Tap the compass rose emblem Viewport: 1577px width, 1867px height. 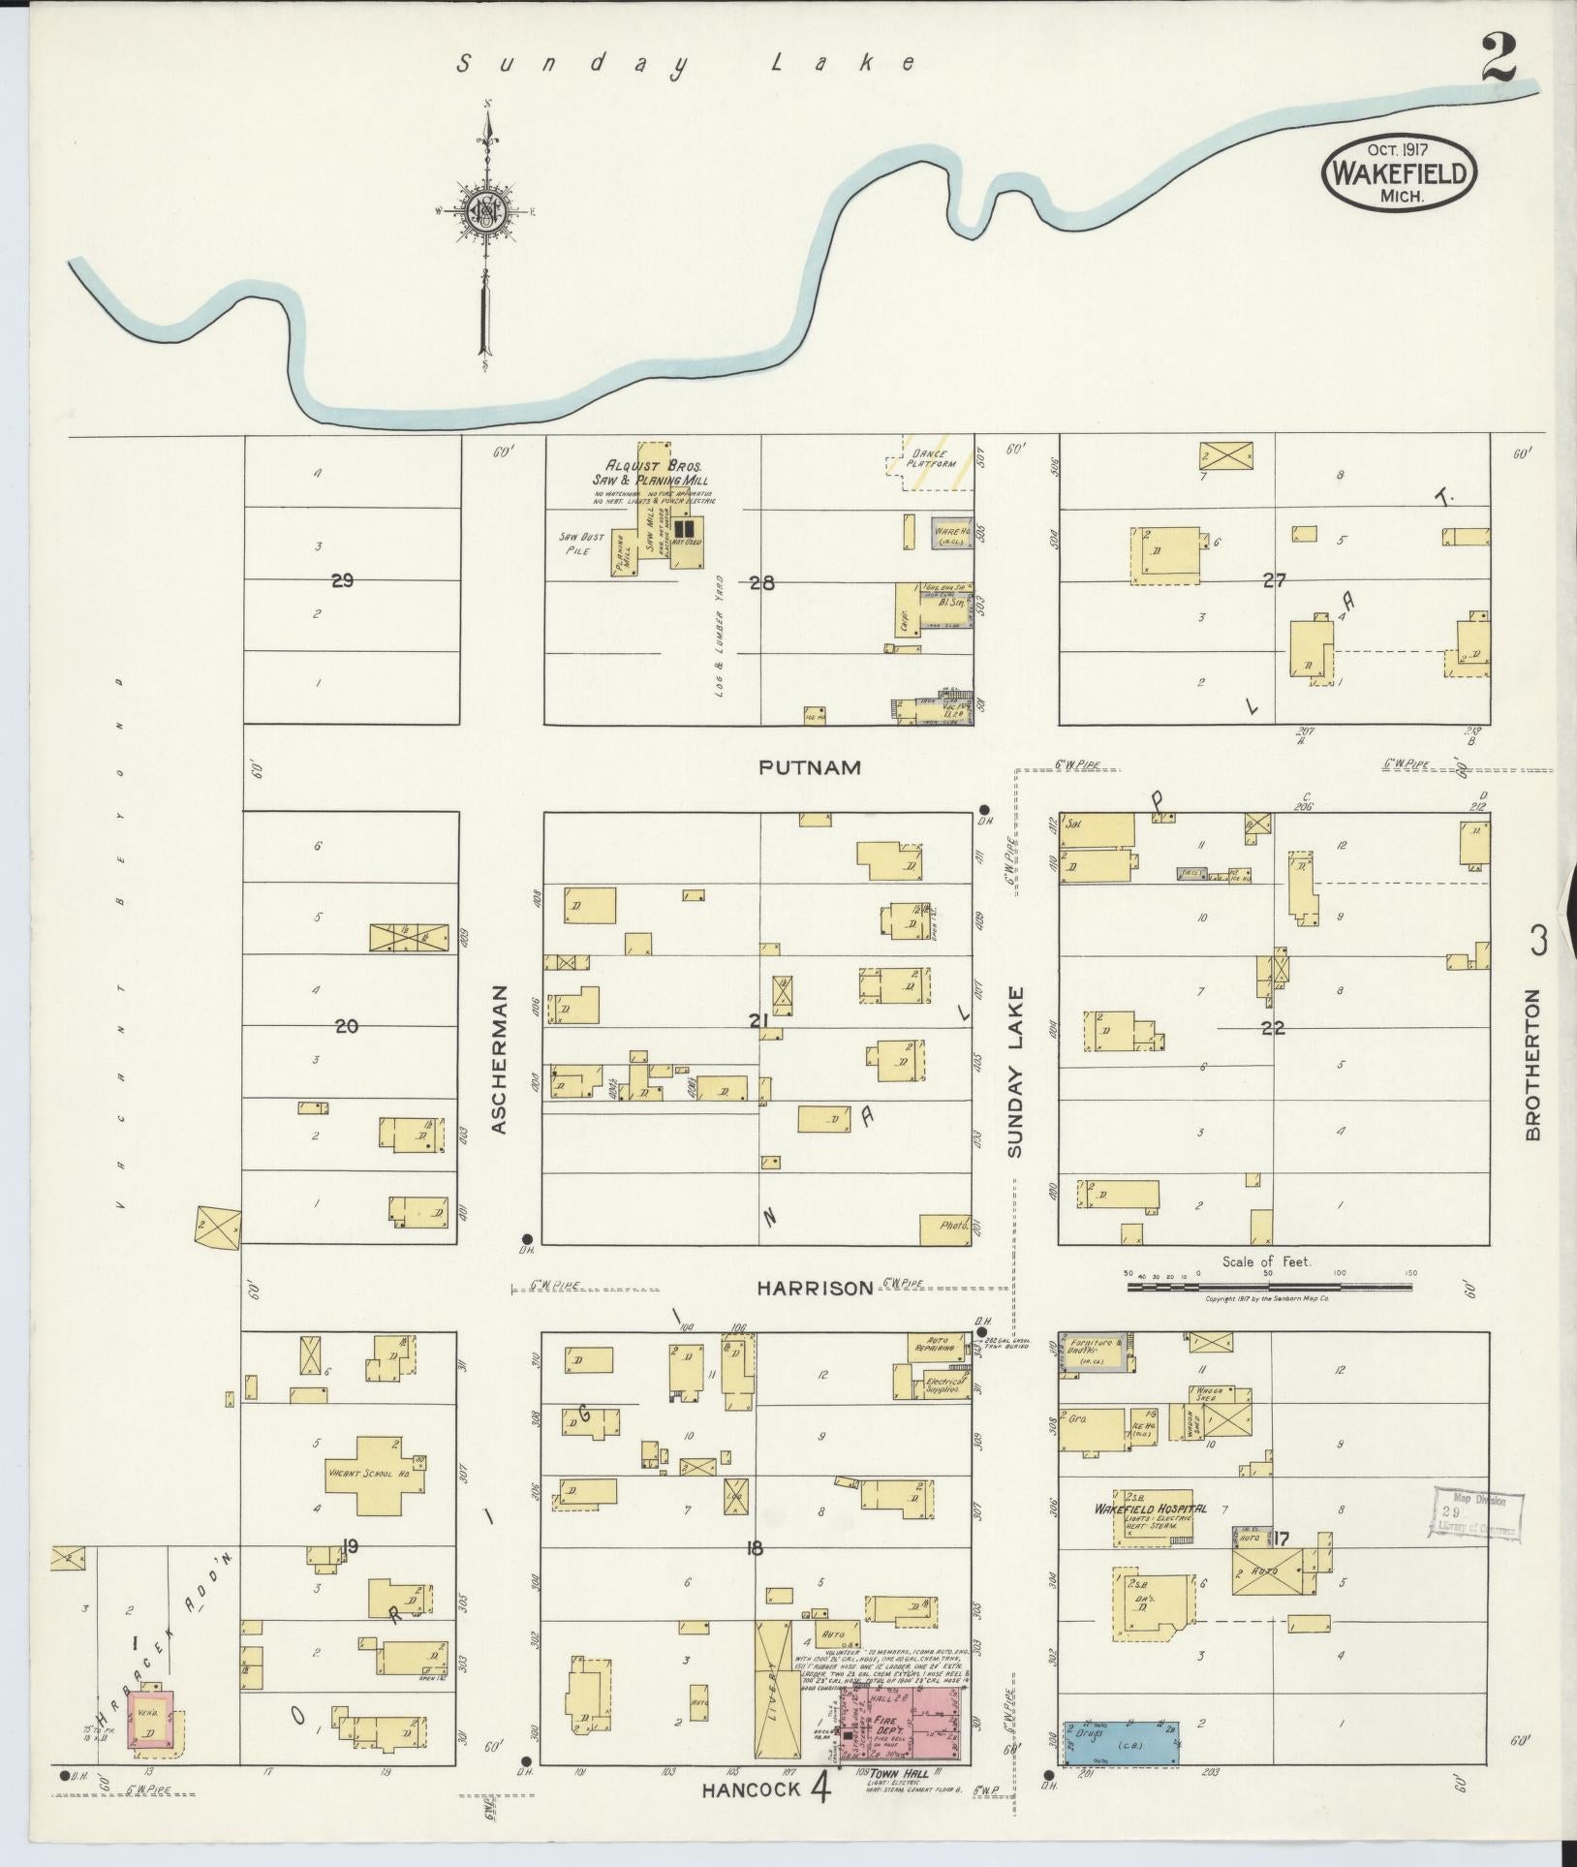[484, 211]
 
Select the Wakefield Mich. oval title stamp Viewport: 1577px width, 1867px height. [1400, 171]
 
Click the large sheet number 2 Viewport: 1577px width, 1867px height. [1500, 60]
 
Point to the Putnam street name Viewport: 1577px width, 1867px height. [810, 767]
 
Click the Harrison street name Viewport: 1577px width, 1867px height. [815, 1288]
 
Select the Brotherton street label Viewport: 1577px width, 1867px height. [1531, 1064]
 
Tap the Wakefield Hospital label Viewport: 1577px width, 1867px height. [1150, 1537]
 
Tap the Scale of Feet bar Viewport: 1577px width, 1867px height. [1268, 1288]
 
